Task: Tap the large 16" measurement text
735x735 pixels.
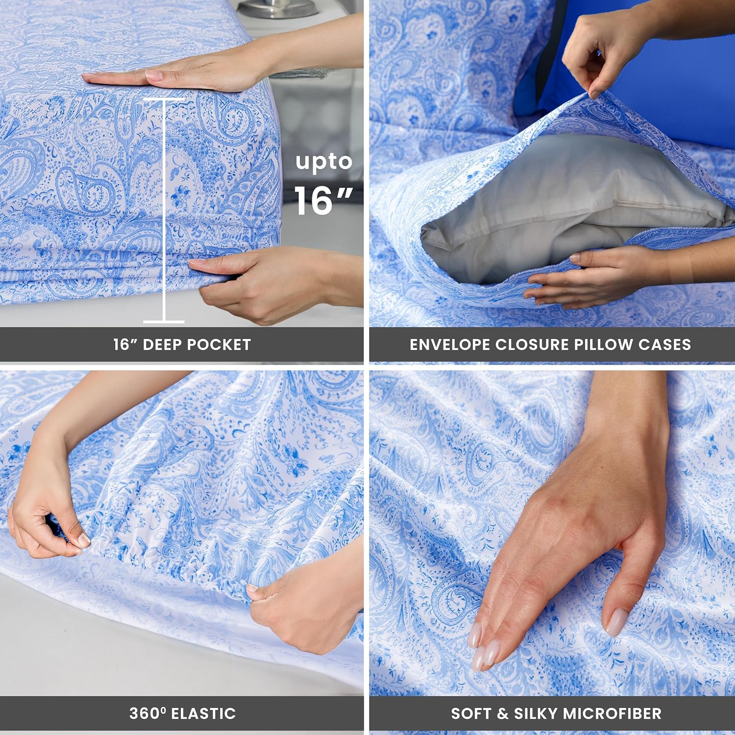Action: click(323, 201)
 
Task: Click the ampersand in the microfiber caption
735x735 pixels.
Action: click(503, 713)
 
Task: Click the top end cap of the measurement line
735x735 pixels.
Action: click(164, 99)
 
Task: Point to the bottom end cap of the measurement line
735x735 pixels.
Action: click(164, 321)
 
